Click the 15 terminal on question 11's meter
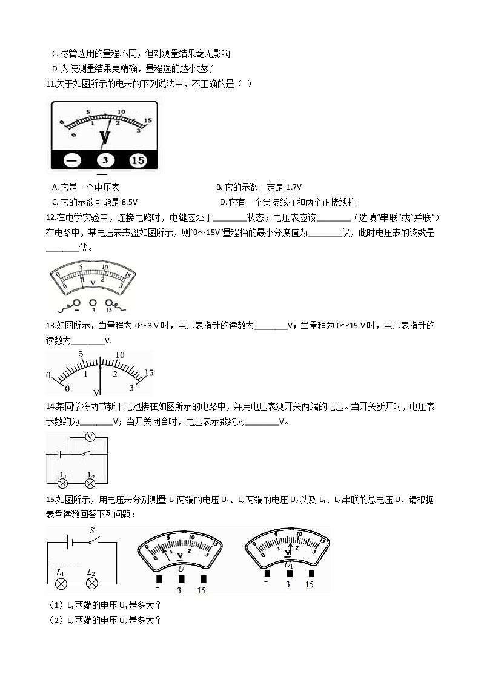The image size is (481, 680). [138, 160]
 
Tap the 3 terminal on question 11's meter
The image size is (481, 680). [105, 160]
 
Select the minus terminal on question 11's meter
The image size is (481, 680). [72, 160]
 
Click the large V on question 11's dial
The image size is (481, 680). [104, 138]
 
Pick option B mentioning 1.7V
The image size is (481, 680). [259, 187]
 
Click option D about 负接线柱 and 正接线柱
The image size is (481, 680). [287, 202]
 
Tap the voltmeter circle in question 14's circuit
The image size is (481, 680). [89, 437]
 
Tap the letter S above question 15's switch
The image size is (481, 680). [92, 530]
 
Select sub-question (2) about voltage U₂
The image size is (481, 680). [104, 619]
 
